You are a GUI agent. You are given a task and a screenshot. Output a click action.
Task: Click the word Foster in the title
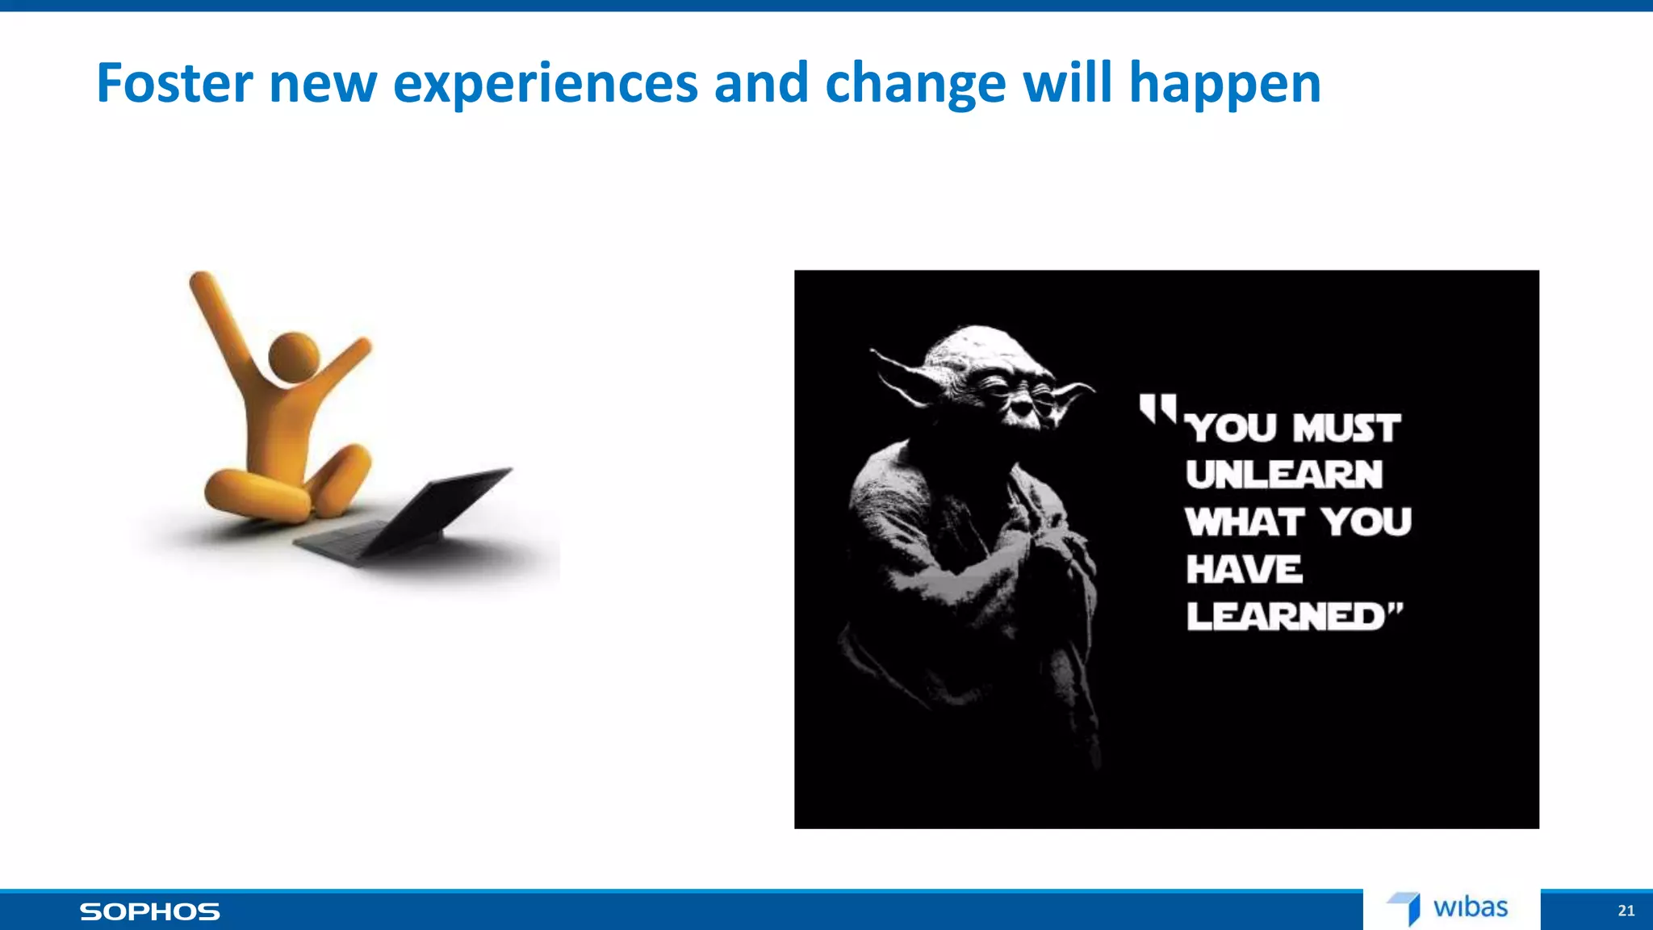(x=174, y=83)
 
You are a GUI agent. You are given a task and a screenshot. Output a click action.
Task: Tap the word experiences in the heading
(x=545, y=85)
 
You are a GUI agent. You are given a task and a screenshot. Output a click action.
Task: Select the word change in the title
(x=915, y=85)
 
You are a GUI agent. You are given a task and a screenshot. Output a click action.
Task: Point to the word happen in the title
(x=1224, y=85)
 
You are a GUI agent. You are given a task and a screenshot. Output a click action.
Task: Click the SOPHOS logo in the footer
(x=149, y=911)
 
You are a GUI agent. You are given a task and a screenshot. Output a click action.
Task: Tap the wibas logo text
(x=1470, y=907)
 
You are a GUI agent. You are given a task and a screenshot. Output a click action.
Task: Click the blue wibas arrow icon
(x=1406, y=907)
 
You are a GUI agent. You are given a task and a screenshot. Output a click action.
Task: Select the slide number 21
(x=1626, y=911)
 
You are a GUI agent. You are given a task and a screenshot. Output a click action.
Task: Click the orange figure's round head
(x=293, y=355)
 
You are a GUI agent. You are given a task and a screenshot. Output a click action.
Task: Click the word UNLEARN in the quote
(x=1283, y=475)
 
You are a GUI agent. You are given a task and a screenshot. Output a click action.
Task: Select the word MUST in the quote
(x=1346, y=428)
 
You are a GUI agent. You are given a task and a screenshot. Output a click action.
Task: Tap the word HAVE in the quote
(x=1244, y=569)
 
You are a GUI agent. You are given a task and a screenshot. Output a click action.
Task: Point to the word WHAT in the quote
(x=1244, y=522)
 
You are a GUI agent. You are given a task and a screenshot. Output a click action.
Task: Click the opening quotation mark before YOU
(x=1157, y=408)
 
